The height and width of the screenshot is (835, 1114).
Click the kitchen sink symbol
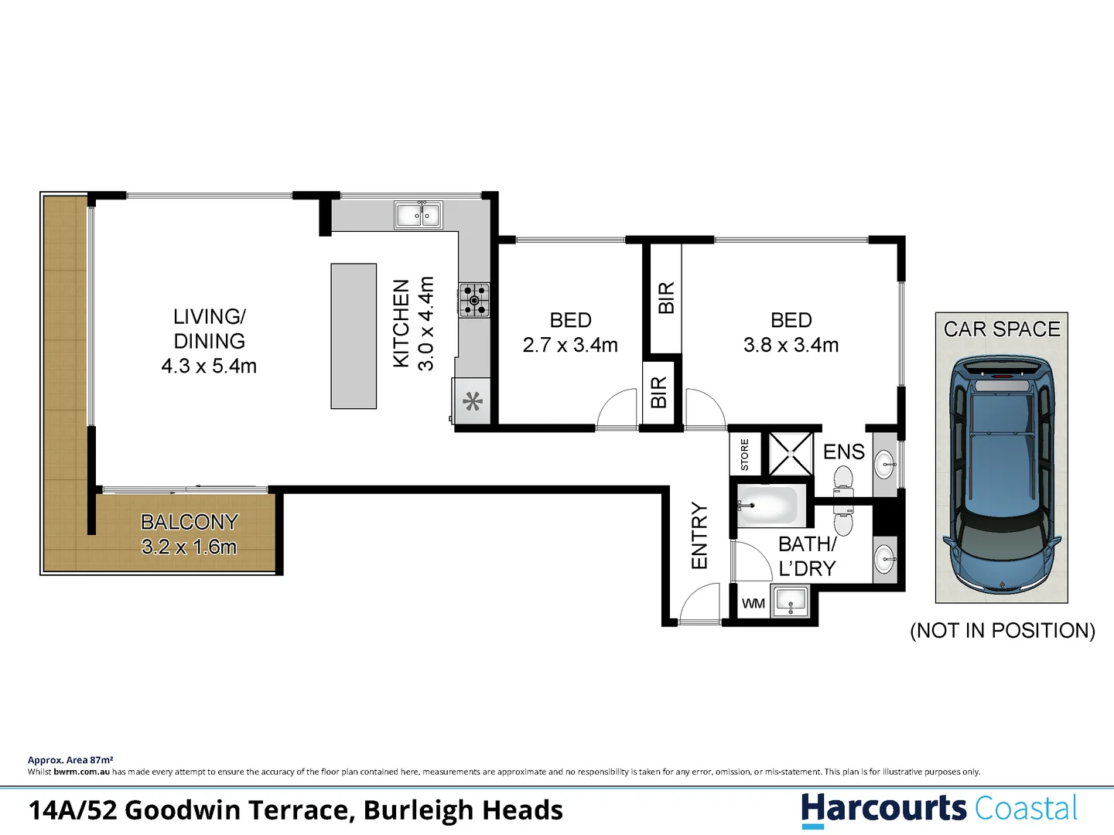pyautogui.click(x=418, y=214)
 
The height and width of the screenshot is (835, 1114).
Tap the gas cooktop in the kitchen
pyautogui.click(x=473, y=300)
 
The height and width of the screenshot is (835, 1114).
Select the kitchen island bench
pyautogui.click(x=354, y=336)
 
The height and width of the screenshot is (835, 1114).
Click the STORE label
pyautogui.click(x=745, y=455)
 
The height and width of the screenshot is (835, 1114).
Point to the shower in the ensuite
pyautogui.click(x=791, y=454)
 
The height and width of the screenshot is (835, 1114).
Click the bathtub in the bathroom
pyautogui.click(x=767, y=506)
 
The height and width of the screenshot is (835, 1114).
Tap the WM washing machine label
pyautogui.click(x=753, y=604)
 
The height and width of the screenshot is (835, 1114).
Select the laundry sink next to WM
pyautogui.click(x=791, y=601)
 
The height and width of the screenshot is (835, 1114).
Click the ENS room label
pyautogui.click(x=843, y=452)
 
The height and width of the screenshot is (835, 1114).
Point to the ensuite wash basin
pyautogui.click(x=885, y=465)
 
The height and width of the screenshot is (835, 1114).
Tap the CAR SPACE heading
pyautogui.click(x=1002, y=329)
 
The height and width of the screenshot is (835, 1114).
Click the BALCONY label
pyautogui.click(x=190, y=522)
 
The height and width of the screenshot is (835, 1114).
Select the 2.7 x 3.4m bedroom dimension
pyautogui.click(x=570, y=345)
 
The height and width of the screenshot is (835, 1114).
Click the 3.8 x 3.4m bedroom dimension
pyautogui.click(x=791, y=345)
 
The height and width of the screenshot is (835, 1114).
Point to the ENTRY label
pyautogui.click(x=699, y=536)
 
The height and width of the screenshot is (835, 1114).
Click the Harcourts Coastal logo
pyautogui.click(x=939, y=809)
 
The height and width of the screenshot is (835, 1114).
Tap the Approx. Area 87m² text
pyautogui.click(x=70, y=760)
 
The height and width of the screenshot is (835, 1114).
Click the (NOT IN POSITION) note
pyautogui.click(x=1003, y=631)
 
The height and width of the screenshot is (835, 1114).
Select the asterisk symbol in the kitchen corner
pyautogui.click(x=473, y=401)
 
